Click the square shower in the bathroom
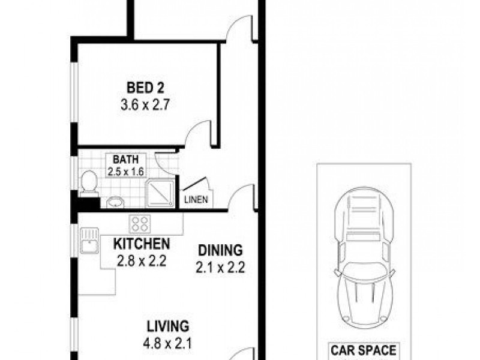coord(160,193)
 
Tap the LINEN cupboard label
coord(196,200)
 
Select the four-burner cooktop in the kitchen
coord(140,224)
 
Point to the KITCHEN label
coord(141,244)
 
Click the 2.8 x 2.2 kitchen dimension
coord(141,261)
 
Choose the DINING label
coord(220,250)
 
